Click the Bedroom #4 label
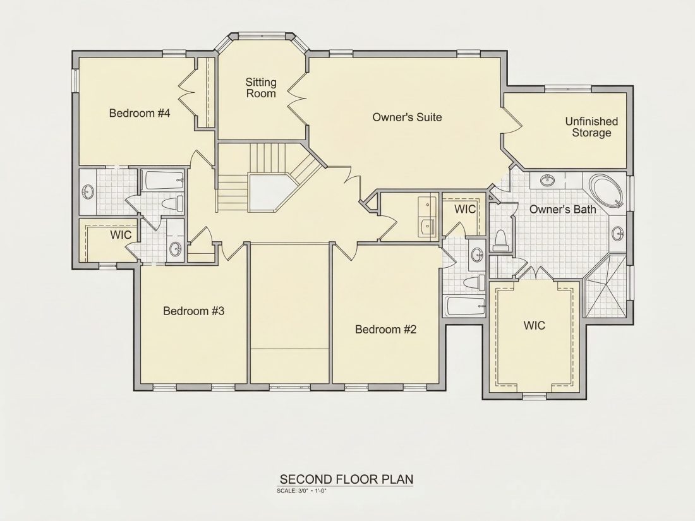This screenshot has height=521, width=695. tap(140, 113)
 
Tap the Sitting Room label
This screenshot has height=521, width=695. tap(261, 88)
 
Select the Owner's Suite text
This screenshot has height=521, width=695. tap(407, 117)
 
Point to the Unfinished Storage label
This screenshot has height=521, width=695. tap(591, 127)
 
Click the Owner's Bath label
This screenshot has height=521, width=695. tap(563, 209)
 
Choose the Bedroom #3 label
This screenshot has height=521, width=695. tap(194, 311)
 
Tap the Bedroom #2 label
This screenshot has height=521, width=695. tap(385, 330)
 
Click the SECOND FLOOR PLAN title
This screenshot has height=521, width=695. tap(347, 479)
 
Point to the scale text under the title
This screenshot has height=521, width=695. tap(301, 491)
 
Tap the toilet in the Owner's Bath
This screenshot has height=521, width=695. tap(500, 241)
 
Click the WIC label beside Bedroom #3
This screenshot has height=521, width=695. tap(121, 235)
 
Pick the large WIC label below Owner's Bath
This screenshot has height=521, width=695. tap(534, 326)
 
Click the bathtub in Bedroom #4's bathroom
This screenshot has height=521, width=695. tap(162, 181)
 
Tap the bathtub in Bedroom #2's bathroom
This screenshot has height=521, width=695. tap(466, 306)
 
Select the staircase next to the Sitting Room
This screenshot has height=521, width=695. tap(266, 177)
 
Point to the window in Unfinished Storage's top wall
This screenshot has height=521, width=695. tap(568, 89)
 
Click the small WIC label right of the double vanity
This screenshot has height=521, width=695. tap(465, 208)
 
